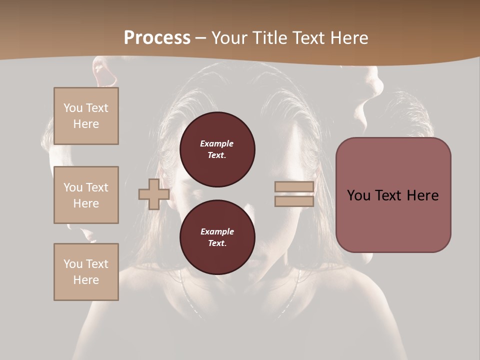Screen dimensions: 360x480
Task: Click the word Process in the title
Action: [157, 37]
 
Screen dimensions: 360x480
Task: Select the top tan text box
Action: [86, 116]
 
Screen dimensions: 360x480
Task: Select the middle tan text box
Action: [86, 195]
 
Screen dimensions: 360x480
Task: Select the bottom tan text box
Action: [86, 271]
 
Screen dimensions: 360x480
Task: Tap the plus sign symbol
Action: [153, 194]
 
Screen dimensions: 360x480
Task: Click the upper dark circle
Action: [217, 149]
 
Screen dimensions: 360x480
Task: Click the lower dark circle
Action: [217, 237]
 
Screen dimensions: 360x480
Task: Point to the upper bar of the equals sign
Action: [294, 187]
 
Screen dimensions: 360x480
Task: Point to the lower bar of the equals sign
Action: [294, 201]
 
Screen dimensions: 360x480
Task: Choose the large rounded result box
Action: [393, 195]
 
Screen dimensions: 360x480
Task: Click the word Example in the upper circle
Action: [217, 143]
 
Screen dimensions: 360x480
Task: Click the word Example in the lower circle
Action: [217, 231]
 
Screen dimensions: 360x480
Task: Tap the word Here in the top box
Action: [86, 124]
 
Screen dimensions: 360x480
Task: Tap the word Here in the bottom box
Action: [86, 280]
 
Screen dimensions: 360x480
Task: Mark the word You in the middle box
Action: [72, 187]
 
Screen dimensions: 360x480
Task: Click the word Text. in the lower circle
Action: [217, 243]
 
